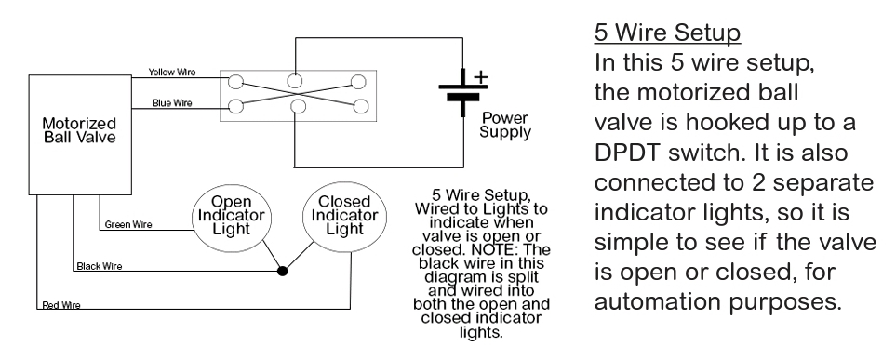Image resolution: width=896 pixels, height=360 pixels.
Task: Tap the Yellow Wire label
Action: [x=171, y=73]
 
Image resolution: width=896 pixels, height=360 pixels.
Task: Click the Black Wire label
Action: [x=100, y=267]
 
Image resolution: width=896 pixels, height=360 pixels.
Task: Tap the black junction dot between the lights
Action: [x=281, y=273]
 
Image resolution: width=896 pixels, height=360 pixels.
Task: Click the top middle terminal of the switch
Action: [x=295, y=79]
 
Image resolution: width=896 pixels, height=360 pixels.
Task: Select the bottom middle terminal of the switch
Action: [x=297, y=107]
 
